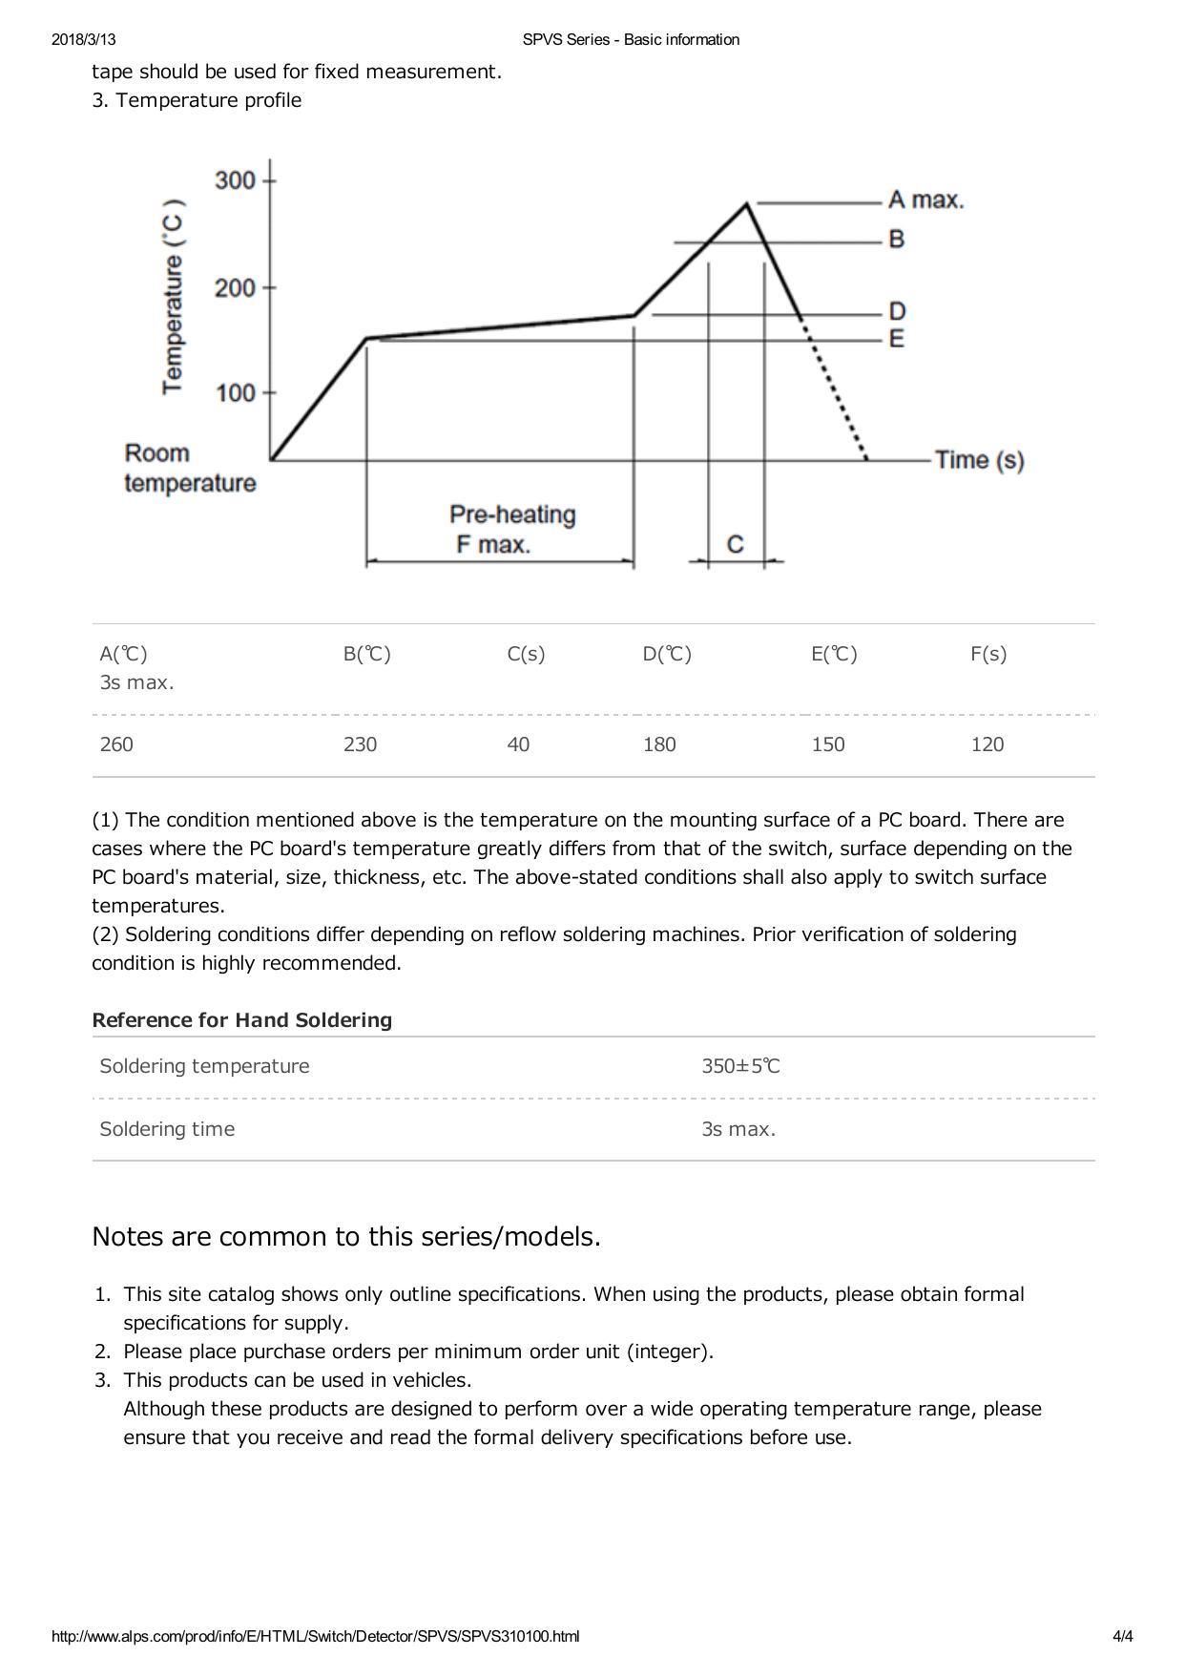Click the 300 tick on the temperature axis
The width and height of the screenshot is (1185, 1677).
pos(236,180)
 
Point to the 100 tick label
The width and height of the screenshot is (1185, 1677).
pos(236,393)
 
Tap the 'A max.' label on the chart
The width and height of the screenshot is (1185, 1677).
pos(925,200)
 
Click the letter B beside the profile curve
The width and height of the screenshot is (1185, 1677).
pos(896,240)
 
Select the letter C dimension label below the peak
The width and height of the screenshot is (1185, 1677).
pos(735,544)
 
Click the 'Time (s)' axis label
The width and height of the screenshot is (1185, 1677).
pos(979,460)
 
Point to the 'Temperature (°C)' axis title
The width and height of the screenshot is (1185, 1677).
pos(173,297)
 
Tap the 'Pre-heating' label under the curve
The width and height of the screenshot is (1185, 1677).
pos(512,515)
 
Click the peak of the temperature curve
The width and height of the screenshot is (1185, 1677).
pos(747,203)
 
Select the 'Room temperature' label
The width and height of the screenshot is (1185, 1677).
pos(190,468)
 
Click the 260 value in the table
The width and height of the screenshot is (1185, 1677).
pos(116,744)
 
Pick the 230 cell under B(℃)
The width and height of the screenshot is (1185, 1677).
pos(360,744)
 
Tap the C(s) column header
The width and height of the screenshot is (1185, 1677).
pos(526,654)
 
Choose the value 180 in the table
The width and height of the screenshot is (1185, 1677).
pos(659,744)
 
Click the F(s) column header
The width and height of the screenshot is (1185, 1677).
pos(988,654)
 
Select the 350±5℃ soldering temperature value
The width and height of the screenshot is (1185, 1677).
pos(740,1066)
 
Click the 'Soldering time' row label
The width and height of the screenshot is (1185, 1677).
pos(167,1129)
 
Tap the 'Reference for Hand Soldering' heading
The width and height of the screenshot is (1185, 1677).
pos(241,1020)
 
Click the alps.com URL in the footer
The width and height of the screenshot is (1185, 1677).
pos(315,1637)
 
